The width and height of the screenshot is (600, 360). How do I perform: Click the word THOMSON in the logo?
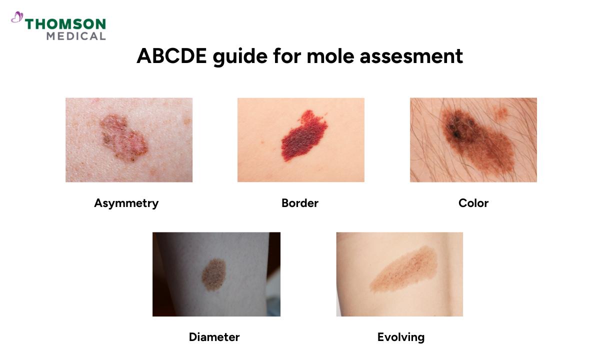[x=65, y=24]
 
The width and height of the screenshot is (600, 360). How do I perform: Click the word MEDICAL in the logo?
[x=76, y=36]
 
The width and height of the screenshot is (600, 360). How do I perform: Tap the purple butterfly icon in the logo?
[x=17, y=18]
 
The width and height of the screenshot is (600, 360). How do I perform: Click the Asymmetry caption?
[x=126, y=203]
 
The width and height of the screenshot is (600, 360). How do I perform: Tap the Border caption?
[x=300, y=203]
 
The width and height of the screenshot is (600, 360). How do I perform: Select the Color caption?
[x=473, y=203]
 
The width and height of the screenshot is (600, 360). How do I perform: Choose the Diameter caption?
[x=214, y=337]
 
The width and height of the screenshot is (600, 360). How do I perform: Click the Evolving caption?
[x=401, y=337]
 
